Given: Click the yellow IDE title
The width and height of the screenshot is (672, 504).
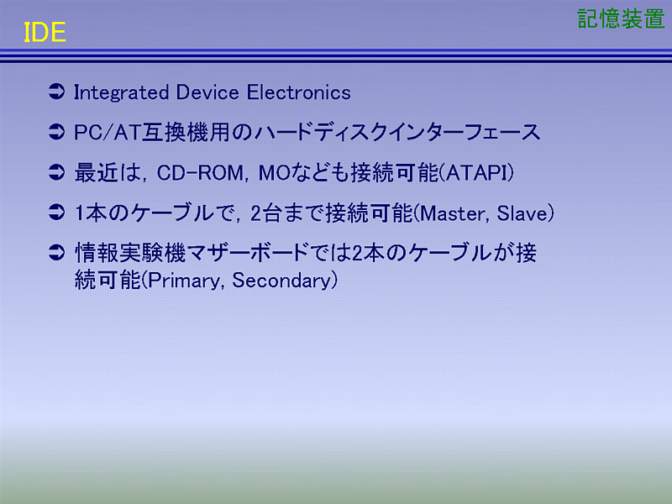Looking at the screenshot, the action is click(x=45, y=33).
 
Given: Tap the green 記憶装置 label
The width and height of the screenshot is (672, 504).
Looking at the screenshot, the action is click(x=621, y=18).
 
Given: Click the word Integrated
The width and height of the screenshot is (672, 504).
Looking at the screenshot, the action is click(x=121, y=93).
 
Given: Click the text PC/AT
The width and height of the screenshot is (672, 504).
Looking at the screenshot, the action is click(x=108, y=133).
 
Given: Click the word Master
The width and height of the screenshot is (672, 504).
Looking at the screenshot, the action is click(x=454, y=213).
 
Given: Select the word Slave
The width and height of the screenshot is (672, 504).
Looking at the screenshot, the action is click(x=522, y=213).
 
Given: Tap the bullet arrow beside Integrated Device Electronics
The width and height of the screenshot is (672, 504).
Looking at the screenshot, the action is click(x=56, y=92).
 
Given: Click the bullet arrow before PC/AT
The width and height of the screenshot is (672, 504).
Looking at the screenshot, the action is click(x=56, y=132).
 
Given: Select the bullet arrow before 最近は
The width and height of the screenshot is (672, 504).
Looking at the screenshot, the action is click(x=56, y=172).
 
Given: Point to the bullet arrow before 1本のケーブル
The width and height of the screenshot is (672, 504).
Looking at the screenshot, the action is click(x=56, y=213).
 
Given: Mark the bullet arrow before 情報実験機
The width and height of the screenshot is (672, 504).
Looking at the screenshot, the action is click(x=56, y=253).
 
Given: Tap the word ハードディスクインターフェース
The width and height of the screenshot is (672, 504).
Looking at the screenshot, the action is click(x=397, y=133).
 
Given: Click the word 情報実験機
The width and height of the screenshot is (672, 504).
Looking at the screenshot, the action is click(x=130, y=253).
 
